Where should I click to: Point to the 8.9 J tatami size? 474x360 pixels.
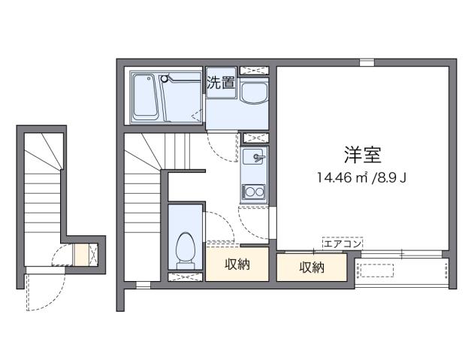point(394,179)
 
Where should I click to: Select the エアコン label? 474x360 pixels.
point(342,243)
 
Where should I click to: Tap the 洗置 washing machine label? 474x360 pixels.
point(220,83)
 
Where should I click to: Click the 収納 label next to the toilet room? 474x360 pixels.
point(237,265)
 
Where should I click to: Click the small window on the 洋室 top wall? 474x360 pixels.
point(366,62)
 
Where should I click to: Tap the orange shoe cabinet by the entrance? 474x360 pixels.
point(80,256)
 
